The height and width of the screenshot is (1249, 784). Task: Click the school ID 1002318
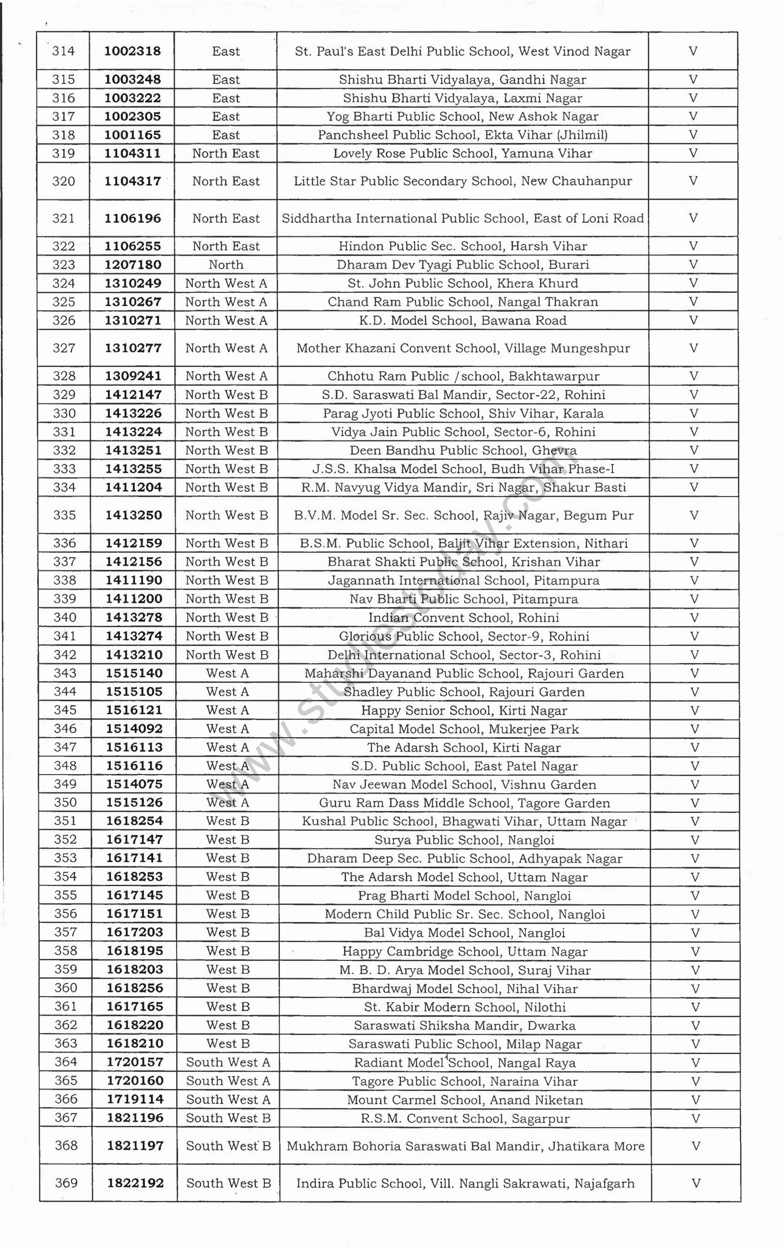pyautogui.click(x=132, y=51)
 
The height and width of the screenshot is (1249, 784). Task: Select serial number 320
pyautogui.click(x=63, y=181)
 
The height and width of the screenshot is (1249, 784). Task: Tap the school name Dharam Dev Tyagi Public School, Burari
pyautogui.click(x=463, y=265)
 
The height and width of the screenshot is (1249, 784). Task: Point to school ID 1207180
pyautogui.click(x=133, y=265)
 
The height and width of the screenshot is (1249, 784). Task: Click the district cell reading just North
pyautogui.click(x=226, y=265)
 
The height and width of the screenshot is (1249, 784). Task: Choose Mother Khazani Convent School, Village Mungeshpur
pyautogui.click(x=463, y=348)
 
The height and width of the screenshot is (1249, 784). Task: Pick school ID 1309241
pyautogui.click(x=133, y=376)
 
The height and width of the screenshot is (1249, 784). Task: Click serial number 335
pyautogui.click(x=64, y=515)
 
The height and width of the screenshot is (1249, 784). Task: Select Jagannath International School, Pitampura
pyautogui.click(x=463, y=580)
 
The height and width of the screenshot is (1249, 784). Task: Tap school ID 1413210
pyautogui.click(x=134, y=655)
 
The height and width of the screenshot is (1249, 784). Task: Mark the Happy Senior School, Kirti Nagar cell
pyautogui.click(x=464, y=710)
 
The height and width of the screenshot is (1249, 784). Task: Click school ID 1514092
pyautogui.click(x=134, y=728)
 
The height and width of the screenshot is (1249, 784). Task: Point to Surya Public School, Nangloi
pyautogui.click(x=464, y=840)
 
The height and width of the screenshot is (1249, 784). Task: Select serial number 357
pyautogui.click(x=65, y=932)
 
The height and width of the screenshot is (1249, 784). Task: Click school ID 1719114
pyautogui.click(x=135, y=1099)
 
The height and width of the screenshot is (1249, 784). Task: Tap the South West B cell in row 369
pyautogui.click(x=229, y=1183)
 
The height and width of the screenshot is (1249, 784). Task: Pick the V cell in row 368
pyautogui.click(x=696, y=1146)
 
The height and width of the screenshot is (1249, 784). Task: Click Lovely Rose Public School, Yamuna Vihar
pyautogui.click(x=463, y=154)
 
